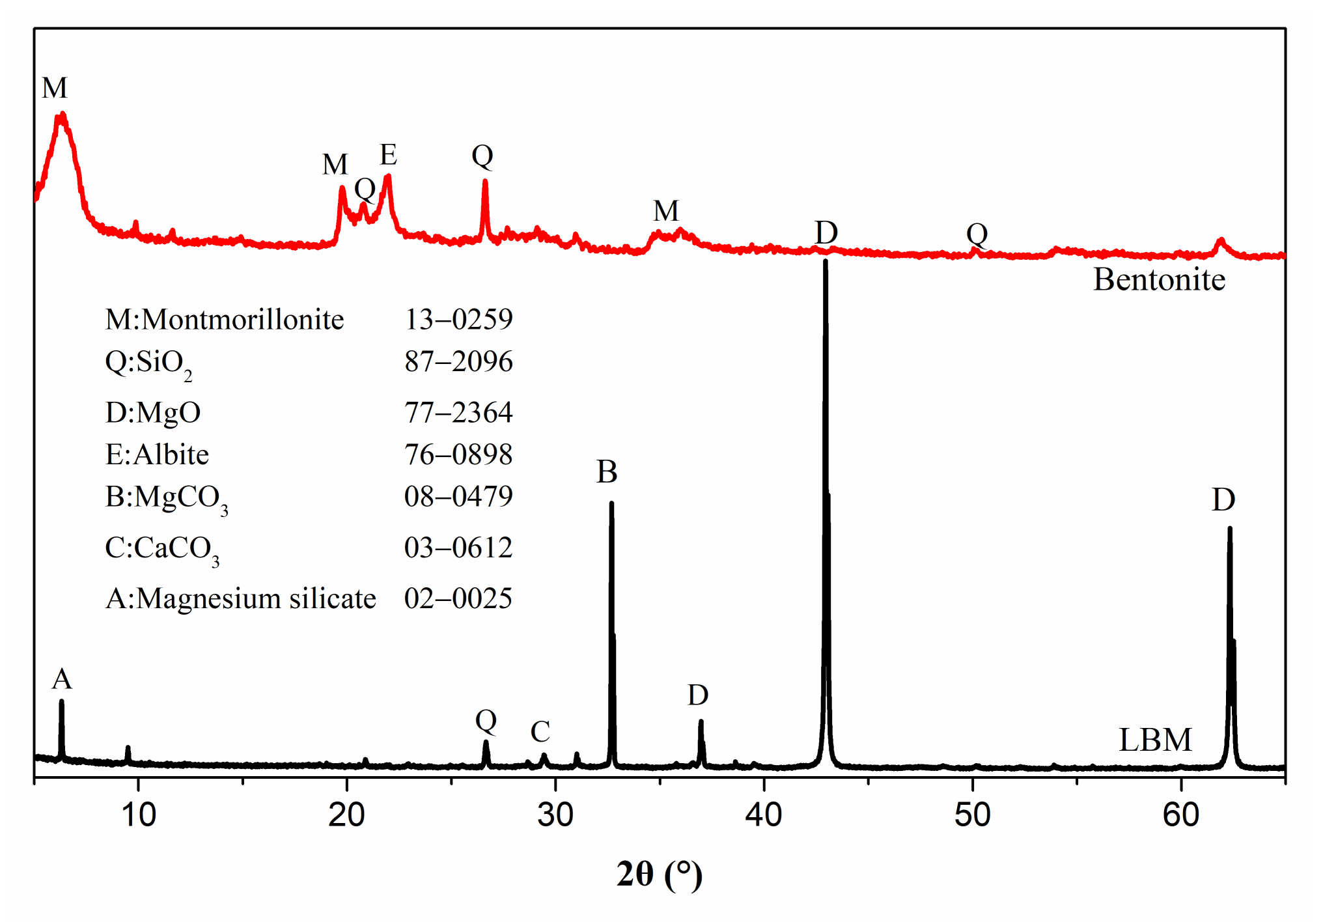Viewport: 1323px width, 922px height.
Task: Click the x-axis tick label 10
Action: [139, 815]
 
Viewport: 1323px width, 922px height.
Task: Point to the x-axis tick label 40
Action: [764, 815]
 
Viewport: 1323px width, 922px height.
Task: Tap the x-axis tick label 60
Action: [1181, 815]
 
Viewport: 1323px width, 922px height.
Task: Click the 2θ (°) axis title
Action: [660, 874]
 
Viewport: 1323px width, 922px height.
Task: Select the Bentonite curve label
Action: [1159, 280]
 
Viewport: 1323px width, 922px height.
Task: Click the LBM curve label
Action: [1155, 740]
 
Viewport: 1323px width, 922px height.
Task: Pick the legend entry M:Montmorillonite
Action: [225, 320]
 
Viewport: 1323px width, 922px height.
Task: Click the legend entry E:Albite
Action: [157, 454]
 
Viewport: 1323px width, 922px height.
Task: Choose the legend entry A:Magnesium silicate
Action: [240, 598]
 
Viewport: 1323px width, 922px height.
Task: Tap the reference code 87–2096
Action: [458, 361]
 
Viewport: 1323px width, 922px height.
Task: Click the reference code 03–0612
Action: [458, 548]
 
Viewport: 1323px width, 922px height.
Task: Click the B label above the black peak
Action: [607, 472]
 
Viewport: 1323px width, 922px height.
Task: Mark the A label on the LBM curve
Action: [62, 679]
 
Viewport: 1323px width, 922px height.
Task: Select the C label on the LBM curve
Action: [540, 732]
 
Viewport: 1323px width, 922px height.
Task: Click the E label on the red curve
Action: [388, 155]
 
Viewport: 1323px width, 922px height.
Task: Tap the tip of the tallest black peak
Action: [826, 261]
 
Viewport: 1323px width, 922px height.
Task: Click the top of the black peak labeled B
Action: [611, 503]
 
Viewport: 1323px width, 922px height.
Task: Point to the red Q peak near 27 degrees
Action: [485, 182]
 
